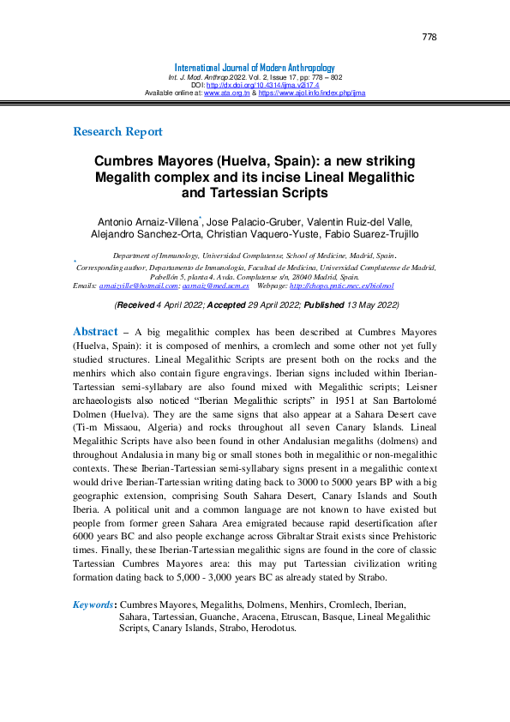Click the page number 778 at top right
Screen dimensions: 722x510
click(x=429, y=37)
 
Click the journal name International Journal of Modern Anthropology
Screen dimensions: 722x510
click(x=255, y=68)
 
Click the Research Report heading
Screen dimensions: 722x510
click(x=117, y=132)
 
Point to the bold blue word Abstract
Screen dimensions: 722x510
click(x=96, y=332)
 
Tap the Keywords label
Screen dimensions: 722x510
click(x=93, y=605)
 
